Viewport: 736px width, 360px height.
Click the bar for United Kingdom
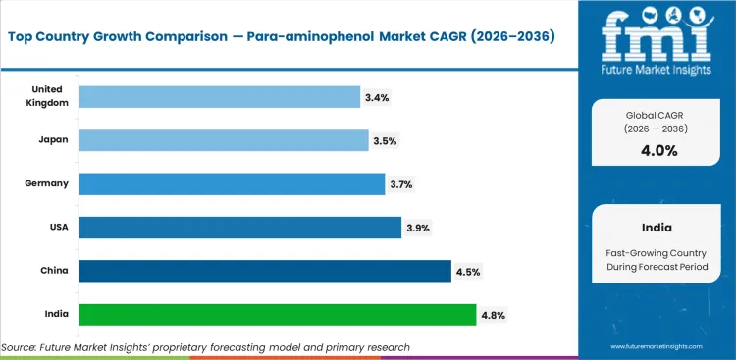click(219, 97)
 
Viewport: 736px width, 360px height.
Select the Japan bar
click(222, 140)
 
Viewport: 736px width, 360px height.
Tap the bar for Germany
click(231, 184)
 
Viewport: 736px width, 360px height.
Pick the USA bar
click(239, 228)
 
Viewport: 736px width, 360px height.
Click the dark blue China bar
click(264, 271)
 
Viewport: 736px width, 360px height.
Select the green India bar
click(277, 315)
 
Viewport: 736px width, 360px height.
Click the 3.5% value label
click(385, 141)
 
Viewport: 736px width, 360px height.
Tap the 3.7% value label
click(401, 184)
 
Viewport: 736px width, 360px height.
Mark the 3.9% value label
click(418, 228)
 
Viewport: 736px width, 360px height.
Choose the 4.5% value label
click(467, 272)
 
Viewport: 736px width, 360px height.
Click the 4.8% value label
click(493, 315)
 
